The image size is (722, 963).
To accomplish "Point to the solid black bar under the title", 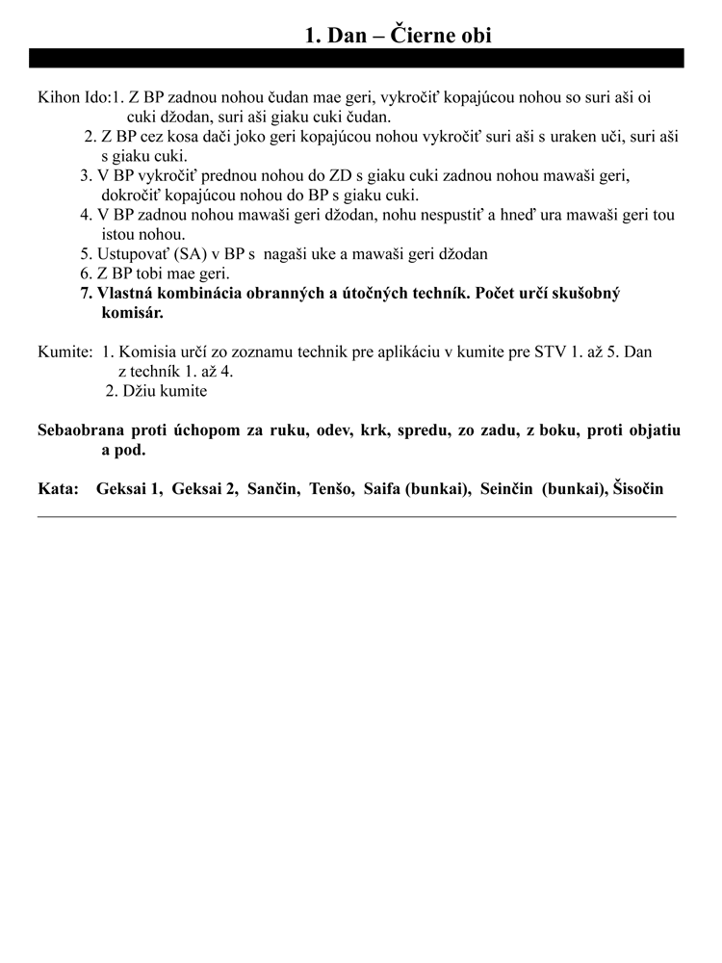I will tap(356, 58).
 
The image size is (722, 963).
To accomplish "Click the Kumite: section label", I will tap(65, 352).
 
